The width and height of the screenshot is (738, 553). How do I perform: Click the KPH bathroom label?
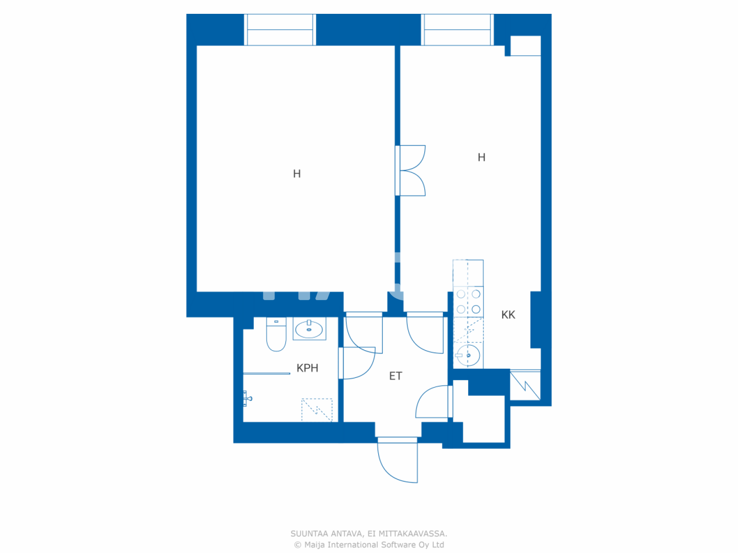tap(307, 368)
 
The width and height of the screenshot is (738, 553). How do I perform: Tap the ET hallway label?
tap(395, 376)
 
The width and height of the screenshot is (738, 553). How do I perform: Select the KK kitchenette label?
tap(508, 315)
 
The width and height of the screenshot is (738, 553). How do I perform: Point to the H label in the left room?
tap(297, 174)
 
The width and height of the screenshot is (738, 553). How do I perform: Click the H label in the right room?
tap(481, 158)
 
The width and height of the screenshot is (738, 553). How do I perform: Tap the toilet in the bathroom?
tap(276, 335)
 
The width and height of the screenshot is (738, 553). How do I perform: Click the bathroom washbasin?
tap(309, 329)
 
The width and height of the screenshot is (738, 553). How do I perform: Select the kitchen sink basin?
tap(468, 355)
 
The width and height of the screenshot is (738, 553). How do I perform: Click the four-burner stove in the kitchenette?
tap(468, 301)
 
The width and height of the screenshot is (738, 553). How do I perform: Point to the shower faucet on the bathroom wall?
tap(247, 398)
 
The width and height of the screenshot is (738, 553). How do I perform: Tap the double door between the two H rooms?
tap(410, 171)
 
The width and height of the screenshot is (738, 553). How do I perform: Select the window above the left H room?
tap(279, 30)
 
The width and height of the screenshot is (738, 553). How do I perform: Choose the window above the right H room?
tap(457, 30)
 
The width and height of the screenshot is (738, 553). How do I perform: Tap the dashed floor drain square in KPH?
tap(316, 410)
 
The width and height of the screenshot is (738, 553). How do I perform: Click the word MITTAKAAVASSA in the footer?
tap(412, 534)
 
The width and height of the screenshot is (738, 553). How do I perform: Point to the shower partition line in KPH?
tap(267, 373)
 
